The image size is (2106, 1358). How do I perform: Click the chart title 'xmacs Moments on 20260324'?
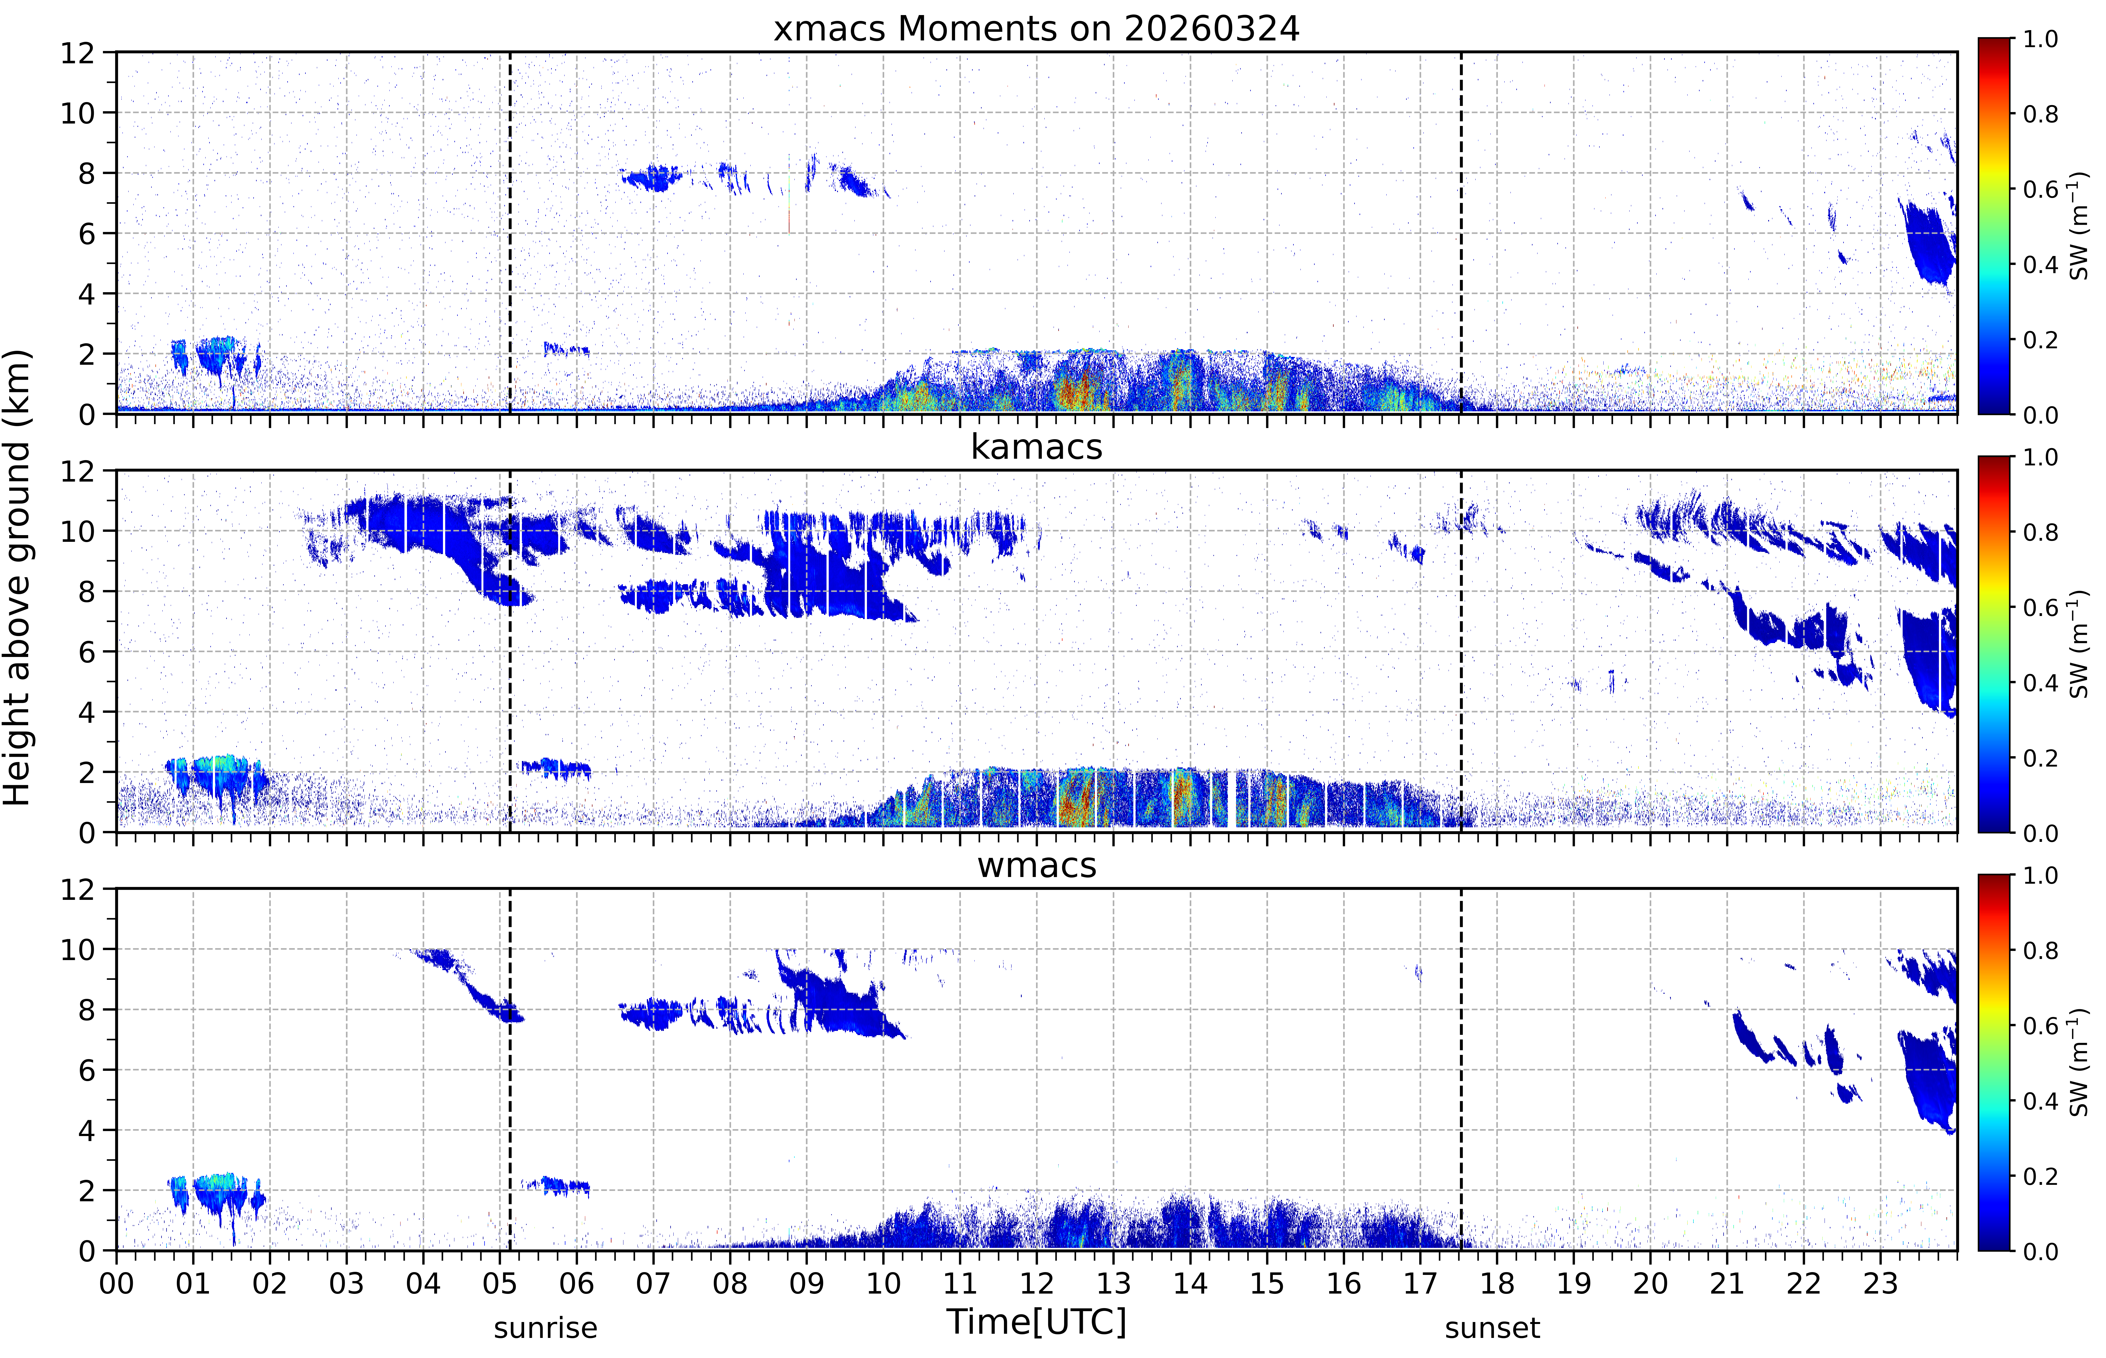point(1036,29)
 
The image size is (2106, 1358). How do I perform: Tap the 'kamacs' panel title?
point(1036,447)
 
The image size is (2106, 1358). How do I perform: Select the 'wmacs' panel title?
point(1036,865)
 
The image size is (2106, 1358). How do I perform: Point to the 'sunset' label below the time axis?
point(1492,1327)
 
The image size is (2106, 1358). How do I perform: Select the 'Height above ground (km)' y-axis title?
point(18,577)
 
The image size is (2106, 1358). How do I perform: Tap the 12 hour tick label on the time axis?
point(1037,1283)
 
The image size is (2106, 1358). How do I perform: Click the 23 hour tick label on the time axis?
point(1880,1283)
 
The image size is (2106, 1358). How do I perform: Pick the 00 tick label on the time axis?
point(116,1283)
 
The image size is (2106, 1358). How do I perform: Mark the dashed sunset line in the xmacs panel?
point(1461,233)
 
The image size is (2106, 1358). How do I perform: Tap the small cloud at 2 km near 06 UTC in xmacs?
point(566,349)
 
